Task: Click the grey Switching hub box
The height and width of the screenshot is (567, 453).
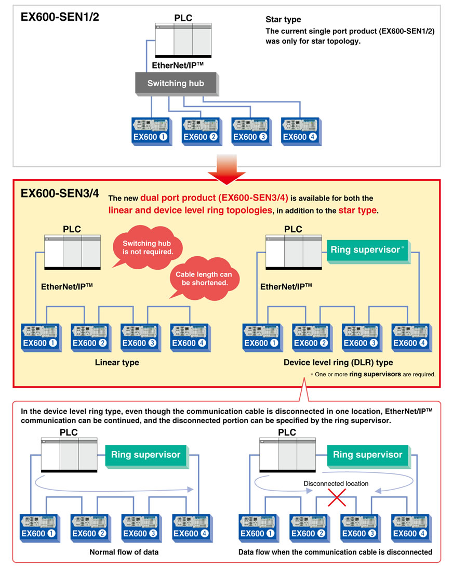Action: click(177, 84)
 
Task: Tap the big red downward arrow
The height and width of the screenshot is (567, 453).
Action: click(226, 169)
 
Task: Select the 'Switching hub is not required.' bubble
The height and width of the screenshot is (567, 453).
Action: click(147, 247)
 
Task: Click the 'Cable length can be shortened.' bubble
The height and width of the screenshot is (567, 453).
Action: click(204, 279)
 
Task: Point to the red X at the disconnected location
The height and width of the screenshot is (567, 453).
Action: click(337, 497)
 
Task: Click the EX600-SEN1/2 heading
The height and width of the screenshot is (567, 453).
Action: click(60, 17)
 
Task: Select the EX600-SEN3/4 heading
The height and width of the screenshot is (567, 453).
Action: click(60, 193)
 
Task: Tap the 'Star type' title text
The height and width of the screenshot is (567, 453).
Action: click(283, 20)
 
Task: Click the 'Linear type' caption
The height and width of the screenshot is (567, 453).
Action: click(117, 362)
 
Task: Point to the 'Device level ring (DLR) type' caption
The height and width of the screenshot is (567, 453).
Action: click(338, 362)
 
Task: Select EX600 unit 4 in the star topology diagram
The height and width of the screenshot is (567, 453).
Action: click(301, 131)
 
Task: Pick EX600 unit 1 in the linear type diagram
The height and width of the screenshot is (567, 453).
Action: click(42, 338)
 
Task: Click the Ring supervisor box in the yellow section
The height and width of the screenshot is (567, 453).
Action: click(368, 252)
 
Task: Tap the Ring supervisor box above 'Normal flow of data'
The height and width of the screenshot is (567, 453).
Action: click(147, 456)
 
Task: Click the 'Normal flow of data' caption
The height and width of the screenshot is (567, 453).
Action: click(124, 552)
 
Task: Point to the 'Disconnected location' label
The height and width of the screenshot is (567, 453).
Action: click(336, 483)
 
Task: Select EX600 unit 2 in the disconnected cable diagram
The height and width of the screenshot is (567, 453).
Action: click(310, 529)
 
